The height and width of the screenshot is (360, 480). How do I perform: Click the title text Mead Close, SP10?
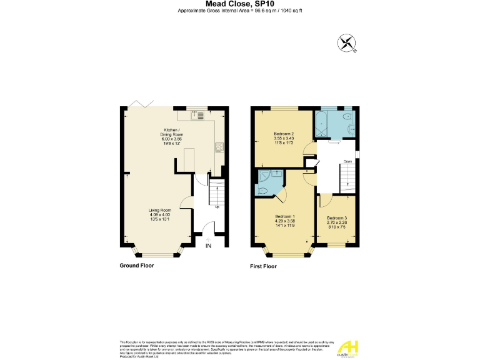(240, 4)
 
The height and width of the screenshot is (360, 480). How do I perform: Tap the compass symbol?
(346, 43)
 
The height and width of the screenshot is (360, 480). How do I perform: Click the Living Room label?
(159, 214)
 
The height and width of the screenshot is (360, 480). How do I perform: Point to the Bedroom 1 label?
(284, 219)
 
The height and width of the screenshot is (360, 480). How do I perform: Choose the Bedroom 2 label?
(283, 137)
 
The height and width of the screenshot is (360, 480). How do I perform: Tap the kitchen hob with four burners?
(220, 147)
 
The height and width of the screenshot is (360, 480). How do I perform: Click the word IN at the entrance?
(209, 246)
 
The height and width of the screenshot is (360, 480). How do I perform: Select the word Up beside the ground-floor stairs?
(217, 207)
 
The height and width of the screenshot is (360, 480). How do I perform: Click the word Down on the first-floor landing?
(347, 161)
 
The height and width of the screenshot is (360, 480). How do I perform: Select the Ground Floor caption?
(136, 266)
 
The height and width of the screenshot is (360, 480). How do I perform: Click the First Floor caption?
(263, 266)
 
